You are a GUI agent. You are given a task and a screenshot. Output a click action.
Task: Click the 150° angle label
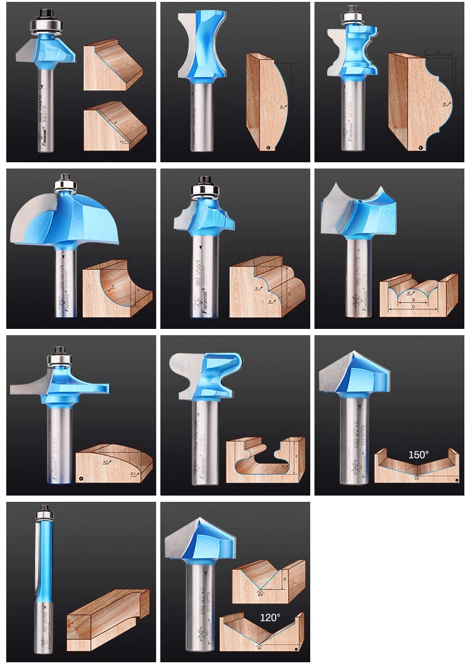pos(419,454)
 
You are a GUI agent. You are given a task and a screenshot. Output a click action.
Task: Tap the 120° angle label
pos(270,617)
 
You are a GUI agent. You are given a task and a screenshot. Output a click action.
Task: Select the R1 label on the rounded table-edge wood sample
pos(133,474)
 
